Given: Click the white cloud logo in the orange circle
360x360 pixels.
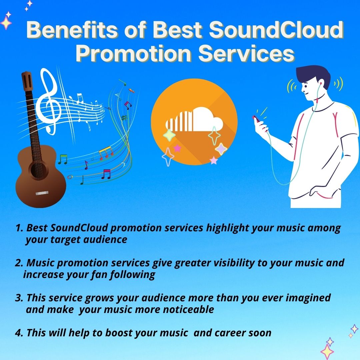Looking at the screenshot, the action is tap(194, 119).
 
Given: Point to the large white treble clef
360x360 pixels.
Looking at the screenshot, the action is tap(48, 101).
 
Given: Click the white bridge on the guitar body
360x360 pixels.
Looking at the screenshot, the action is tap(42, 193).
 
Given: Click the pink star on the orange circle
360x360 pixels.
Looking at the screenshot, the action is tap(177, 148).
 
